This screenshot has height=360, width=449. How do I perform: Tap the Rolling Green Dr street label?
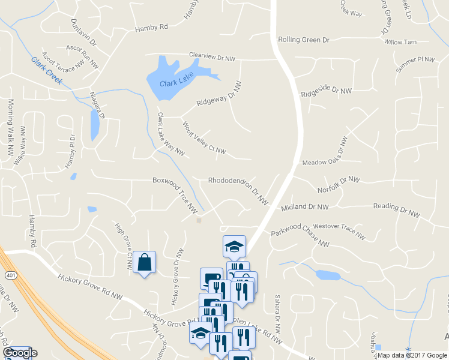pos(304,40)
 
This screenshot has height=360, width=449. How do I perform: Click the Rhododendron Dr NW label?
pos(238,188)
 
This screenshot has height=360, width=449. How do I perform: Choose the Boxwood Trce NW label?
pos(175,192)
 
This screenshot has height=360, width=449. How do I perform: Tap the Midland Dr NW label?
pos(304,208)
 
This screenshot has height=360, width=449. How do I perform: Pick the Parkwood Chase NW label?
pos(300,236)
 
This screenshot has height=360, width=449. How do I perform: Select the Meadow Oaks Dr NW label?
pos(324,153)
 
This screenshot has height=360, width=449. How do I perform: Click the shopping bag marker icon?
pos(145,262)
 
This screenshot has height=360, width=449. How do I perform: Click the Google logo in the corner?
pos(20,353)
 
